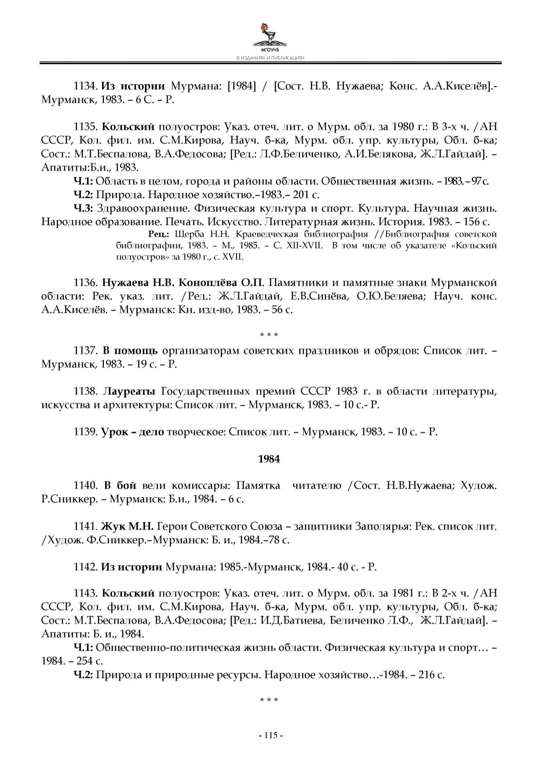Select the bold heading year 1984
tap(269, 459)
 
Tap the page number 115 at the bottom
tap(270, 736)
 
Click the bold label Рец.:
tap(159, 234)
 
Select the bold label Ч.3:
tap(83, 208)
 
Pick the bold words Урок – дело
tap(132, 432)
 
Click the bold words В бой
tap(120, 485)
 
